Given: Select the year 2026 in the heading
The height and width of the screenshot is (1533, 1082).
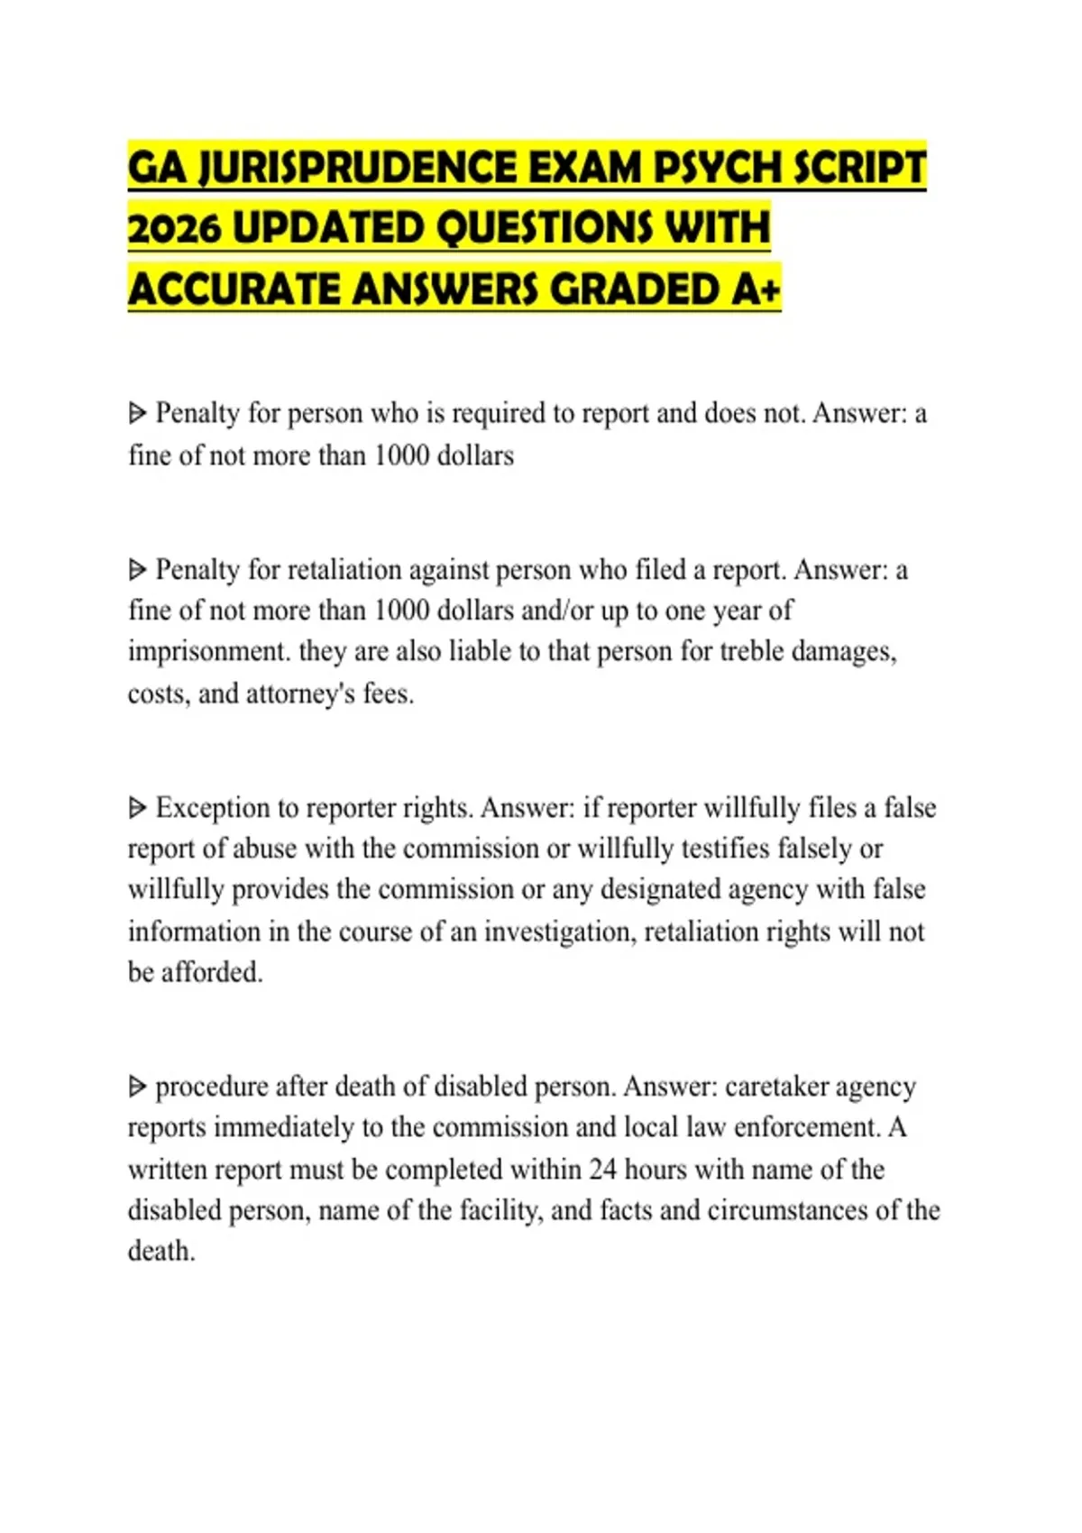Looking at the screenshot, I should [x=174, y=229].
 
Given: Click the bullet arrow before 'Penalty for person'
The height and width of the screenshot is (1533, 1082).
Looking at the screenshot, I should [x=137, y=414].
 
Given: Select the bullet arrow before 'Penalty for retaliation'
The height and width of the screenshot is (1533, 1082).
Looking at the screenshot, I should [x=137, y=570].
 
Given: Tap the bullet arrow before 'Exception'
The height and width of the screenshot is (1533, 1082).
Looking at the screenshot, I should [x=137, y=808].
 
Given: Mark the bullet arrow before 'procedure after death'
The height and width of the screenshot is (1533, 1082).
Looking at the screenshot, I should [x=137, y=1087].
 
